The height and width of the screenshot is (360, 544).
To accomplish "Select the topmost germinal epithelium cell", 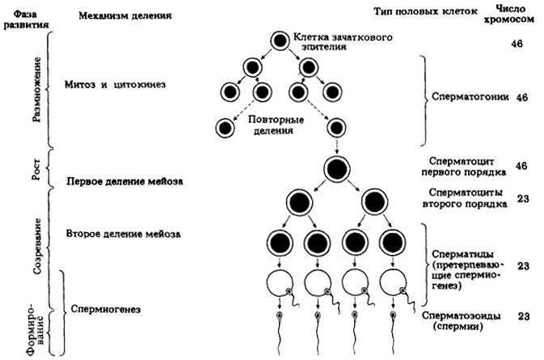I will pyautogui.click(x=279, y=40).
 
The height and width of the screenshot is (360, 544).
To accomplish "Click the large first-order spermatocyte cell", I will pyautogui.click(x=337, y=170).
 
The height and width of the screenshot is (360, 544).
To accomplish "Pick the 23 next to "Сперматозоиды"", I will pyautogui.click(x=522, y=316).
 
